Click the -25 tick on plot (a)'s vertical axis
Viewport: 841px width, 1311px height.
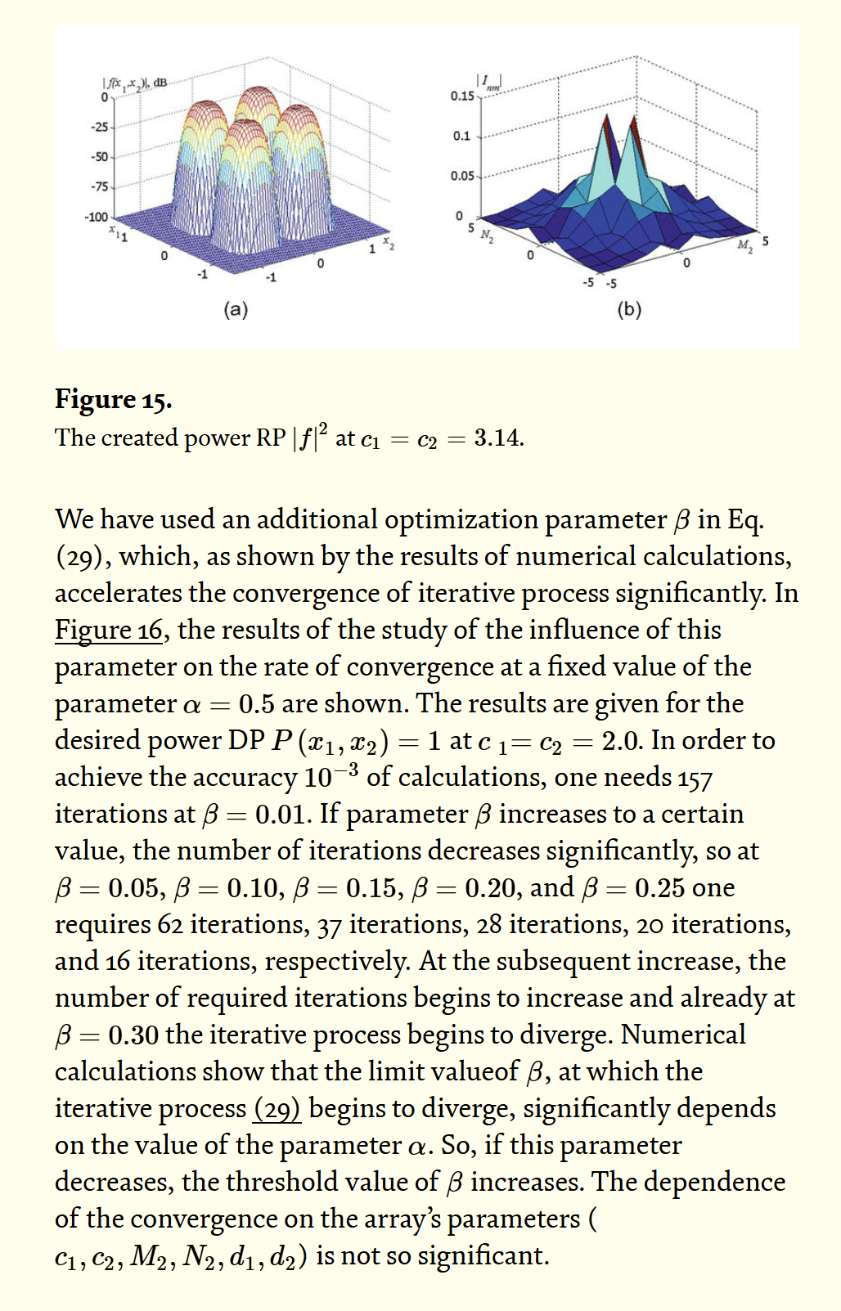[98, 127]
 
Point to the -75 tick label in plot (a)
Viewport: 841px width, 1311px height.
[98, 186]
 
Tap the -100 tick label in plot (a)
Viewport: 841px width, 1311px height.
[96, 217]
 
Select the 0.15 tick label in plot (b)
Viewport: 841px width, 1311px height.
[462, 97]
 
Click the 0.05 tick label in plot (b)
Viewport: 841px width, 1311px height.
[462, 176]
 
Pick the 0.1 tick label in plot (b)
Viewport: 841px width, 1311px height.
[462, 136]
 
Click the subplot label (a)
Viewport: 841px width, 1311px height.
[236, 309]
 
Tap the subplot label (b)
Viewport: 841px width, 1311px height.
[629, 309]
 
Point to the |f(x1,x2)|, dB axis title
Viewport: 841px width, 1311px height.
[134, 83]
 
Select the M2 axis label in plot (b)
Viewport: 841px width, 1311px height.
[744, 245]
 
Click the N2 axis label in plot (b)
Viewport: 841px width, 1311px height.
[487, 236]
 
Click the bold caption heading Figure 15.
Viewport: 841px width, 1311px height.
[113, 399]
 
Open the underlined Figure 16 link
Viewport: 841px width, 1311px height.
[109, 630]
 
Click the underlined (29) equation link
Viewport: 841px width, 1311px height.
[277, 1108]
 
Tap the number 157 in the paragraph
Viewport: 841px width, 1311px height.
[695, 778]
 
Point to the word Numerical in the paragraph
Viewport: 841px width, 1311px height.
[683, 1035]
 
